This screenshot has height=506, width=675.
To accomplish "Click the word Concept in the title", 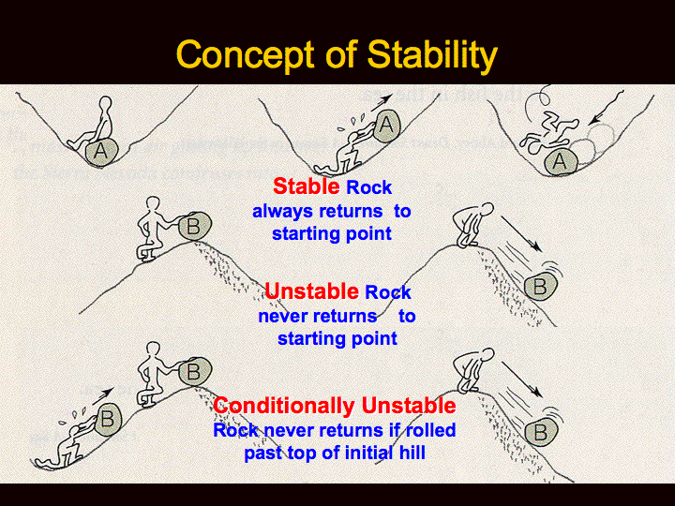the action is pos(246,54).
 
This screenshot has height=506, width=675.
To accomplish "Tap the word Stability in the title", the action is pos(432,55).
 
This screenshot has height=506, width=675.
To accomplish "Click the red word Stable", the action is pos(306,186).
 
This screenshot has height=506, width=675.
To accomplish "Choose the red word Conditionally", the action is pos(285,406).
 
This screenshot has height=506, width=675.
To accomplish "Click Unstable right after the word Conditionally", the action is pos(408,406).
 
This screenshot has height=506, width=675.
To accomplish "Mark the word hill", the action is pos(411,453).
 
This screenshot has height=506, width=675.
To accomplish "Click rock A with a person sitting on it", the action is pos(102,151).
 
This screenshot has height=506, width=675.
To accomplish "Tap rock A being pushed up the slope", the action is pos(386,126).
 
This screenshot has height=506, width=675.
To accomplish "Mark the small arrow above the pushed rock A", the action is pos(381,102).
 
